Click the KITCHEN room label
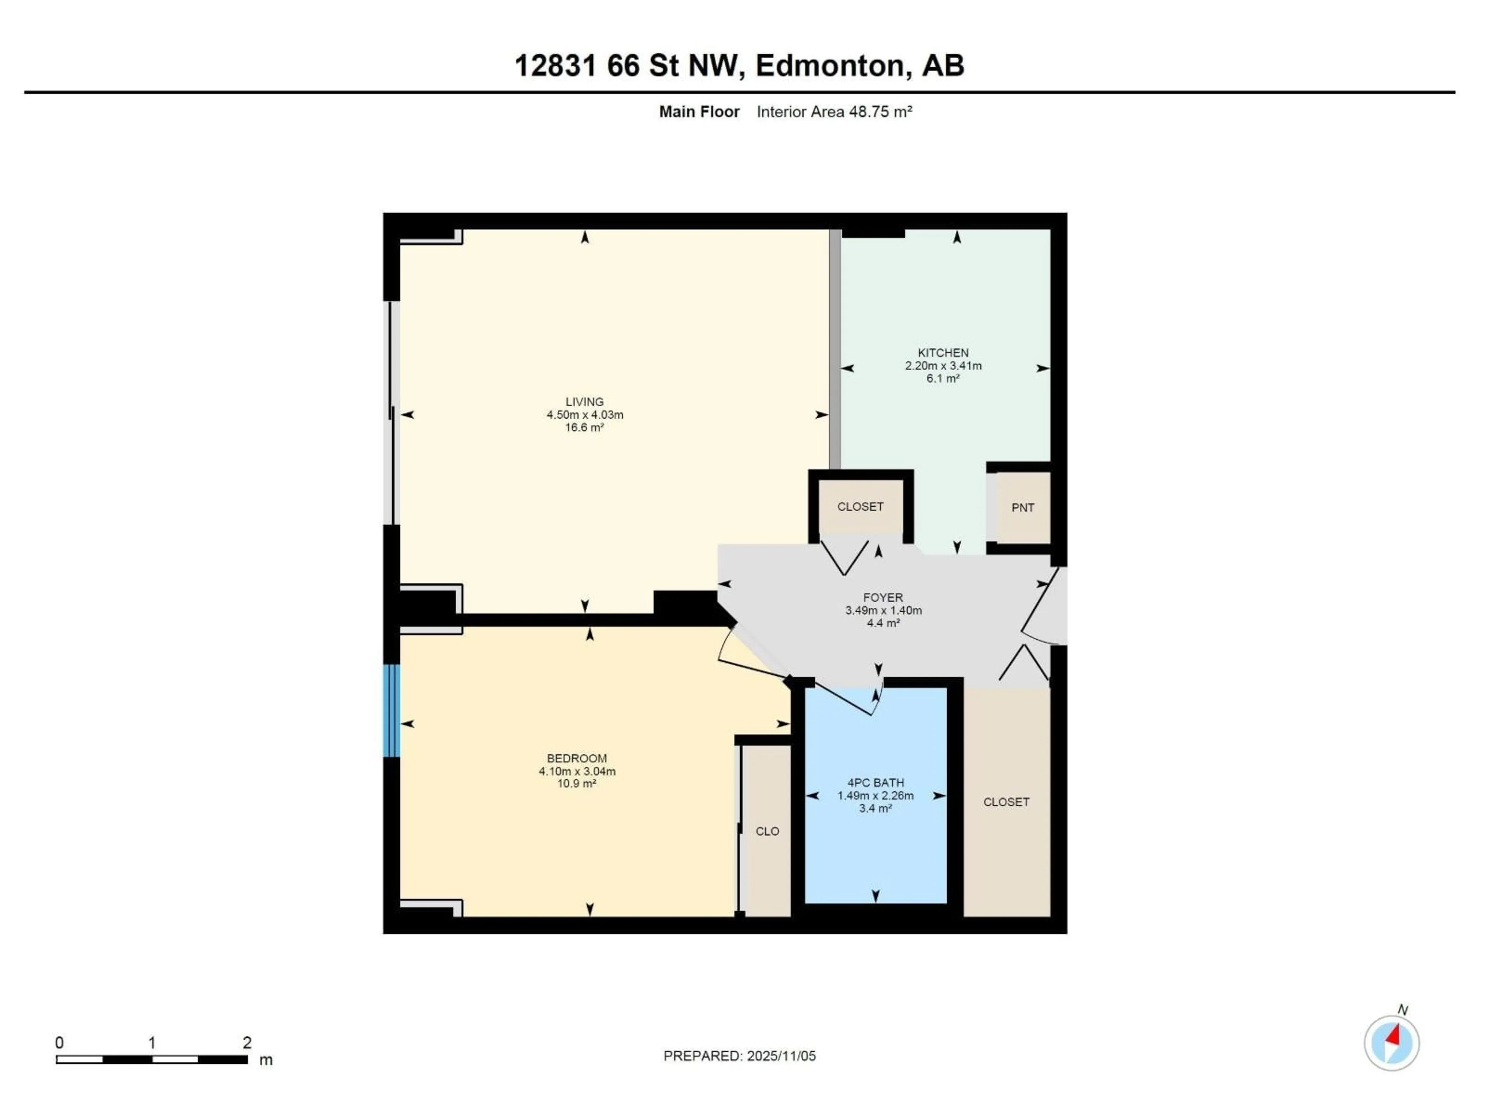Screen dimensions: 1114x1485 coord(943,352)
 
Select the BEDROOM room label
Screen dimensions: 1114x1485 coord(577,758)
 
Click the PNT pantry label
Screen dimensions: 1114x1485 coord(1022,507)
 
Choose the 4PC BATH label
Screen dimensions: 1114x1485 coord(876,782)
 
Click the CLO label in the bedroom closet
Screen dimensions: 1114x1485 coord(767,831)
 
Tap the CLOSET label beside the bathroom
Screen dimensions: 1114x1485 coord(1006,802)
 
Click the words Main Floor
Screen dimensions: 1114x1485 coord(699,112)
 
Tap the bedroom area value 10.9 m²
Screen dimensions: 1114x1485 coord(577,784)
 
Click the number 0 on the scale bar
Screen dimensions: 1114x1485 coord(60,1043)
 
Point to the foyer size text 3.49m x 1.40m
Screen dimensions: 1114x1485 coord(883,610)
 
